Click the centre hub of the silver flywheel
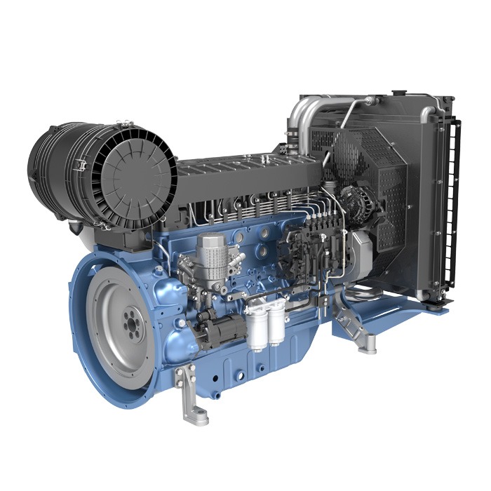(130, 327)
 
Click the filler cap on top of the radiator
(399, 92)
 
